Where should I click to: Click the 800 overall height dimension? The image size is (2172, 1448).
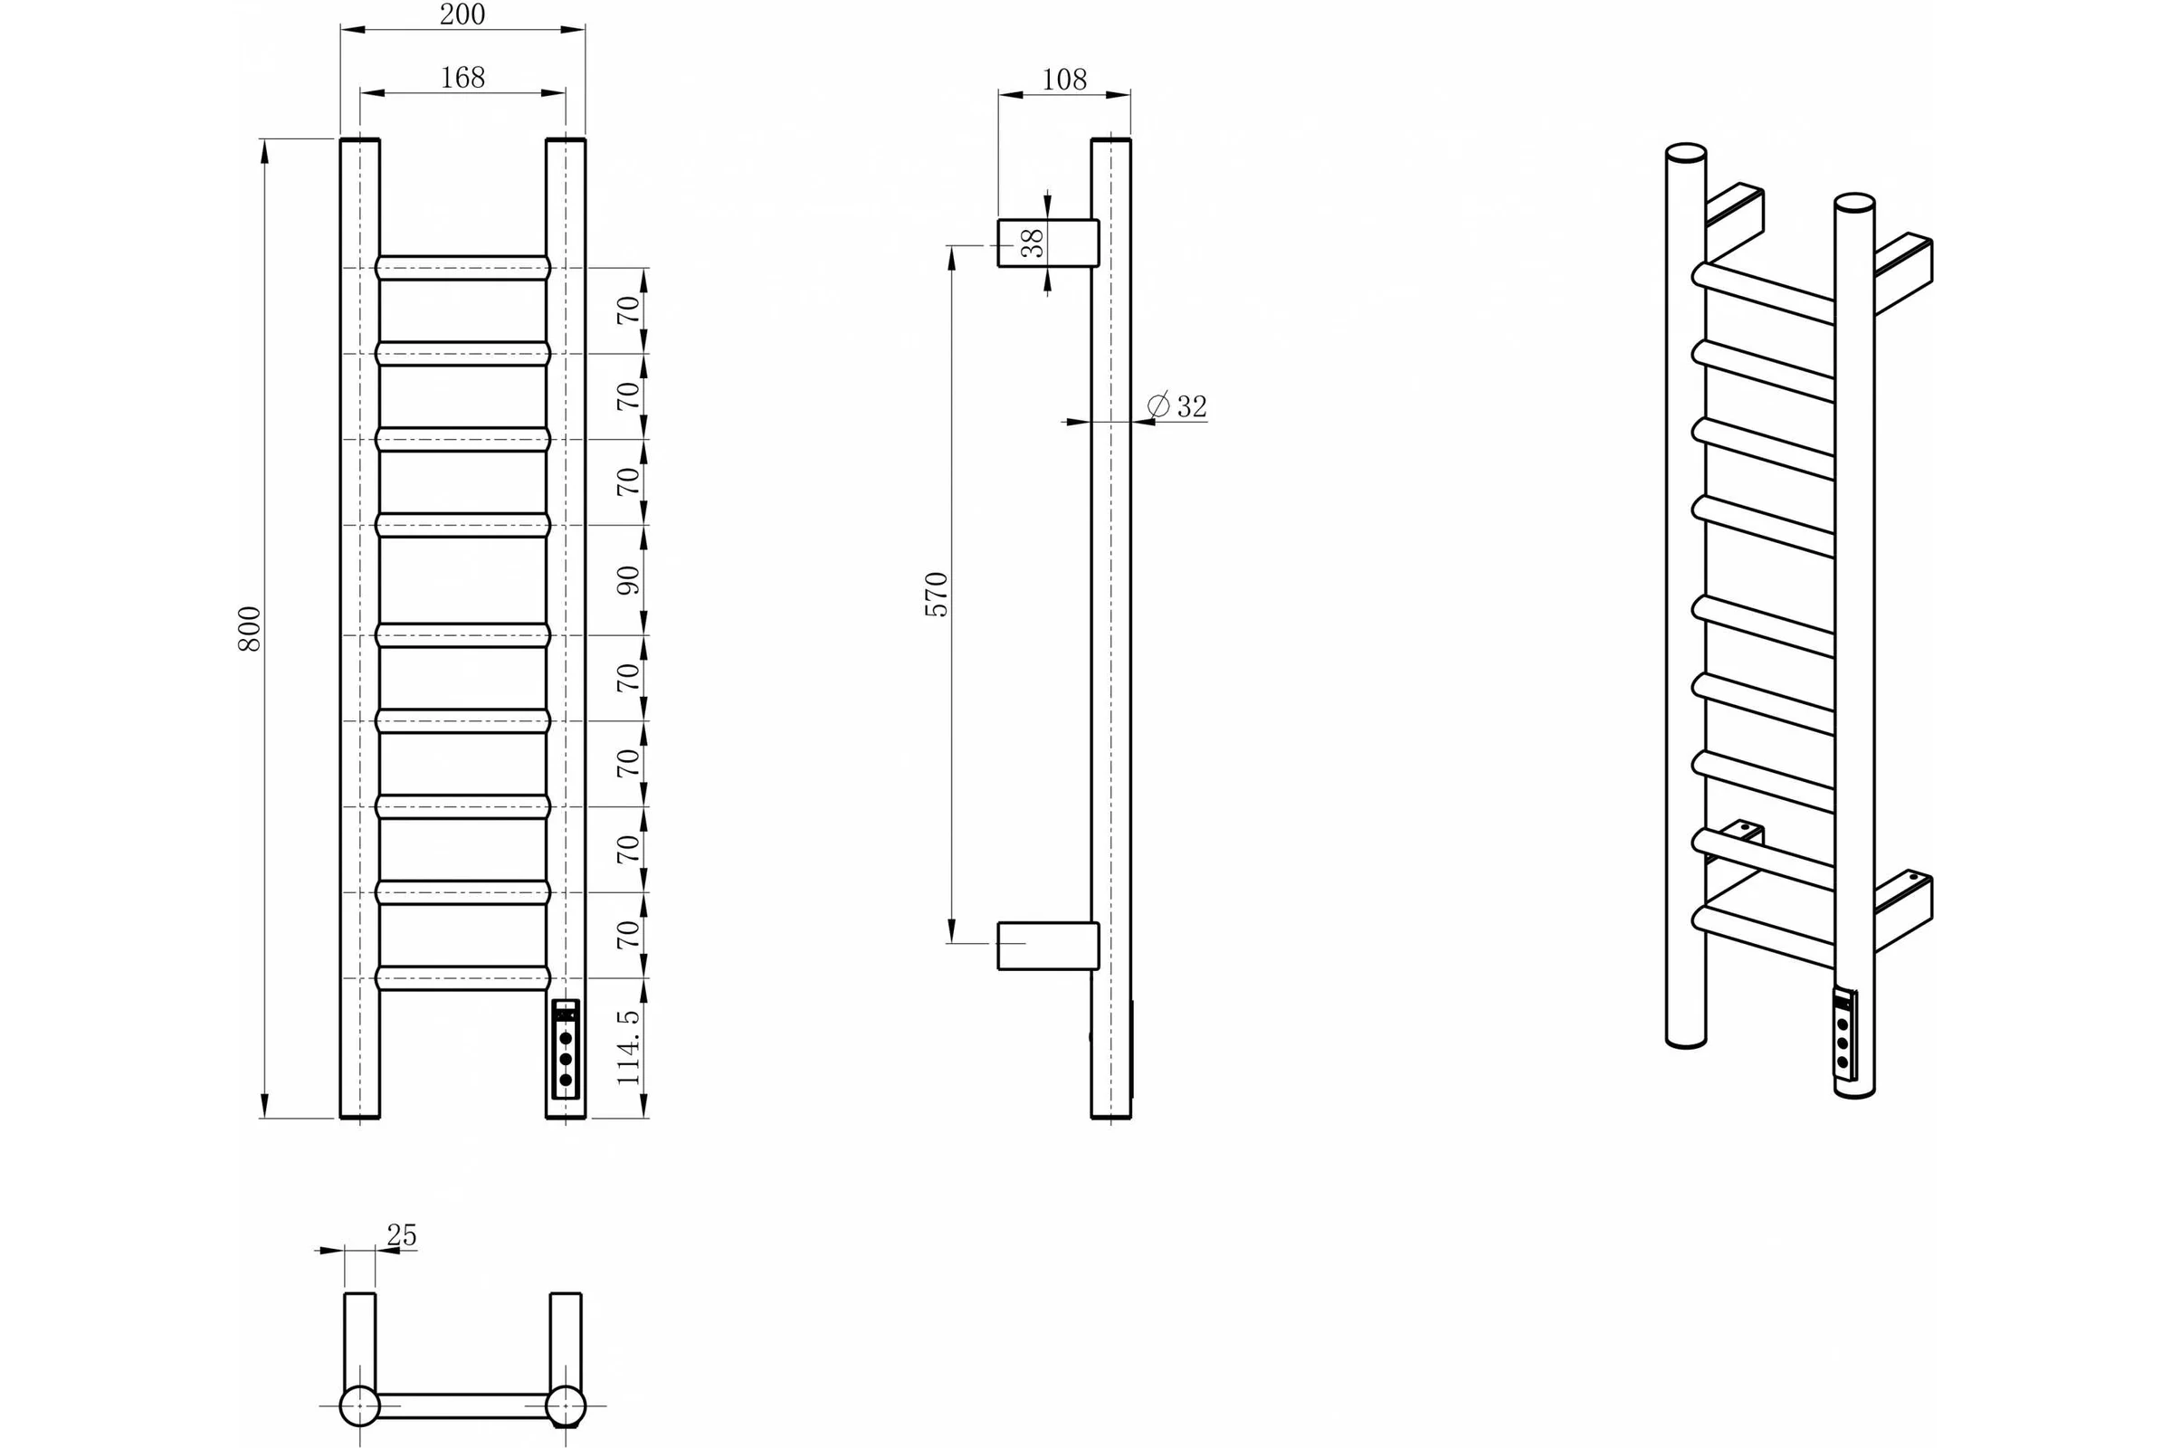[250, 629]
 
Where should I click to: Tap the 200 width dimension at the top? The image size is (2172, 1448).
[462, 14]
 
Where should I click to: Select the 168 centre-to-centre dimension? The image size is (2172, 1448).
[462, 78]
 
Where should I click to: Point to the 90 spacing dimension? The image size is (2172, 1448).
[628, 580]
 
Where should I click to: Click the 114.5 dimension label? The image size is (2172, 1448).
[628, 1047]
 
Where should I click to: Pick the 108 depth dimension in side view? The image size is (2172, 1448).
[1064, 81]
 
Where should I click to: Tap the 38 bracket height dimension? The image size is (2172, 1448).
[1034, 243]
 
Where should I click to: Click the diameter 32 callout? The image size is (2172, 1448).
[1177, 406]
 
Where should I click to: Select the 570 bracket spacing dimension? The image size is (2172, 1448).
[937, 595]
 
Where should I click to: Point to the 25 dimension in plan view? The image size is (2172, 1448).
[402, 1234]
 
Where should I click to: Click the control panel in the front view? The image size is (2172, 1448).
[565, 1049]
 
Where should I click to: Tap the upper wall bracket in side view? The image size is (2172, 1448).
[1048, 243]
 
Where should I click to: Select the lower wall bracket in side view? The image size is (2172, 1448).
[1048, 946]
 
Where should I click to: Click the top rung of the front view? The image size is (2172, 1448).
[462, 268]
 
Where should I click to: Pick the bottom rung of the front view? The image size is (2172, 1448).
[462, 978]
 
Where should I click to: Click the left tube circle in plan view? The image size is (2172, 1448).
[360, 1406]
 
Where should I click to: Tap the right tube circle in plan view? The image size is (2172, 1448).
[565, 1406]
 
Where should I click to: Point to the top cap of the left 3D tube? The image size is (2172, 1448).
[1685, 151]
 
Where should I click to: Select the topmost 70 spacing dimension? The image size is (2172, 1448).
[628, 310]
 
